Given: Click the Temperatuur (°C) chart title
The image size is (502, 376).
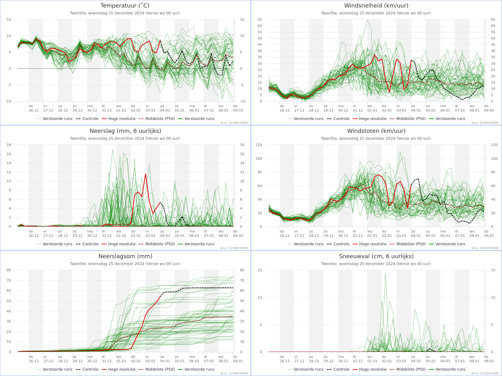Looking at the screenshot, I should point(125,6).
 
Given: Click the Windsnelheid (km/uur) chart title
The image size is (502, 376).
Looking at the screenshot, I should point(376,6).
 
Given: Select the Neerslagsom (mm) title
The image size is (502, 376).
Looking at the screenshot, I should point(125,256).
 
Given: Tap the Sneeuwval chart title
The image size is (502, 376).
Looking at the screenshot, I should point(376,256).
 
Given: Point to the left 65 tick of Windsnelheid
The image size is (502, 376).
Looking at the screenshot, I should point(260,19).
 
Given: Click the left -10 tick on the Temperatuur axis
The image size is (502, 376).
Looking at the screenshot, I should point(8,101).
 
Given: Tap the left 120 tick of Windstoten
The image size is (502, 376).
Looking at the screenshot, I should point(259,145).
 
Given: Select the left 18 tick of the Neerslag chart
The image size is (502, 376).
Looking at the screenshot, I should point(9,145).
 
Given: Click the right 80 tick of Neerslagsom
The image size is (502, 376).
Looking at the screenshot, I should point(242,270).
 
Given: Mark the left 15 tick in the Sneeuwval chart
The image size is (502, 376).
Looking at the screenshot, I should point(260,270).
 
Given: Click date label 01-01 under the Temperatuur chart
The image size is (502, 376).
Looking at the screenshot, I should point(121,110).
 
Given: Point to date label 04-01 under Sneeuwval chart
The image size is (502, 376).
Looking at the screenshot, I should point(416,361).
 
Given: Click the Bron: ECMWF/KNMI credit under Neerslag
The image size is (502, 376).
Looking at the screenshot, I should point(234,248).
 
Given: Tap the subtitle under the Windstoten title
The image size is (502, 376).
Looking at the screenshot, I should point(376,138).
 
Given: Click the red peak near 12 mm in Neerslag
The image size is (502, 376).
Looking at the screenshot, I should point(146,174).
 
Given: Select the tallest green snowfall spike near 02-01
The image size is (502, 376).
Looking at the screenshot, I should point(386,274).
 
